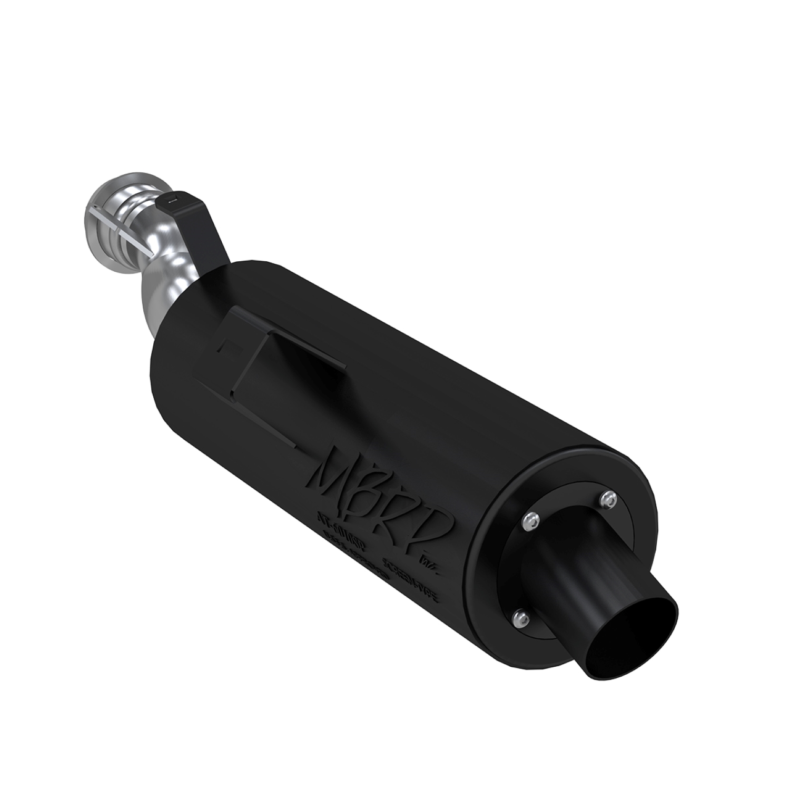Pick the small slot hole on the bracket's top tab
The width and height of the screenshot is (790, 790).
[x=171, y=200]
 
